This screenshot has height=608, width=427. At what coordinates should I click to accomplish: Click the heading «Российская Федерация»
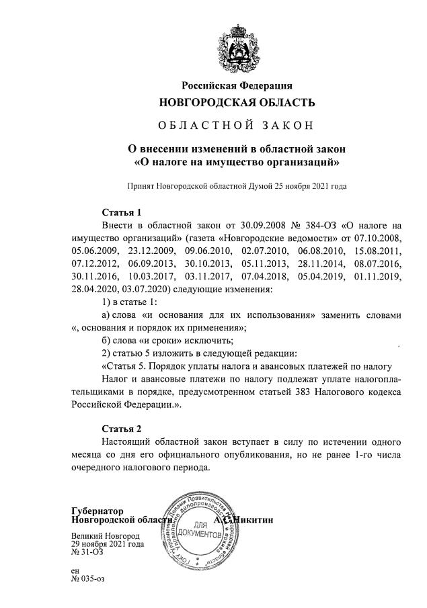tap(237, 85)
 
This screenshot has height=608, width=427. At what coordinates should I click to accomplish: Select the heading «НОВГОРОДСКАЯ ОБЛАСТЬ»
tap(237, 103)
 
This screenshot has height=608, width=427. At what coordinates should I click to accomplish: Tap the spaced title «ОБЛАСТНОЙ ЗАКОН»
tap(237, 126)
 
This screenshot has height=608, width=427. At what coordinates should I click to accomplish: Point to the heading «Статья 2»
tap(122, 429)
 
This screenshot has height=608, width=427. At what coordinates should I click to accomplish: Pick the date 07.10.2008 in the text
tap(378, 238)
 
